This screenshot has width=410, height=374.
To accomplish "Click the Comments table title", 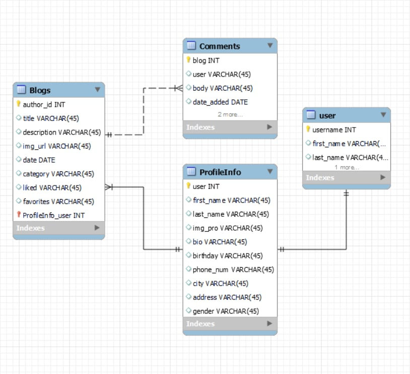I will pyautogui.click(x=220, y=46).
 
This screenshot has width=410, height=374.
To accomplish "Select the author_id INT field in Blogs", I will pyautogui.click(x=44, y=105).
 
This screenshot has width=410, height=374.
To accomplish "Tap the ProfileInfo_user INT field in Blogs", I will pyautogui.click(x=53, y=215).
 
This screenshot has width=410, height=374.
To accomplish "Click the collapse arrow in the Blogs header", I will pyautogui.click(x=98, y=90).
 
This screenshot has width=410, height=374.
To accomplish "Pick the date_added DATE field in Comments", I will pyautogui.click(x=220, y=102).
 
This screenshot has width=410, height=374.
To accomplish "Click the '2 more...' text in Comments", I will pyautogui.click(x=230, y=114).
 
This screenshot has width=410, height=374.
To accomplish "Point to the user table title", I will pyautogui.click(x=327, y=115).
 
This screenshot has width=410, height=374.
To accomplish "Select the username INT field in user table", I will pyautogui.click(x=334, y=130).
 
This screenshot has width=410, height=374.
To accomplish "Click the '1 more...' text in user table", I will pyautogui.click(x=347, y=167).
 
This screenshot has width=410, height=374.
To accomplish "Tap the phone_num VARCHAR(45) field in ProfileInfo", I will pyautogui.click(x=233, y=270).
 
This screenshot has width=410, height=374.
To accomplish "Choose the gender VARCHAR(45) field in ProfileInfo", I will pyautogui.click(x=226, y=311).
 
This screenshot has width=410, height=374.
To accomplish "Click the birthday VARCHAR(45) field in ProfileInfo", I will pyautogui.click(x=228, y=256).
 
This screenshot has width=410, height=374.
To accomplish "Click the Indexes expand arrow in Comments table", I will pyautogui.click(x=269, y=127).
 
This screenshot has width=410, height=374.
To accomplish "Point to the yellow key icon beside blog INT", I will pyautogui.click(x=189, y=60).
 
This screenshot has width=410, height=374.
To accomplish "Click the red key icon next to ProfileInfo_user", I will pyautogui.click(x=19, y=215).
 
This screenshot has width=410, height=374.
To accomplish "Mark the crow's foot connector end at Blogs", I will pyautogui.click(x=109, y=188).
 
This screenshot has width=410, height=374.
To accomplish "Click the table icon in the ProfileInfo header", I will pyautogui.click(x=191, y=172).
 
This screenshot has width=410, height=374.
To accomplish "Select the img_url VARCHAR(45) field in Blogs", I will pyautogui.click(x=56, y=146).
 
